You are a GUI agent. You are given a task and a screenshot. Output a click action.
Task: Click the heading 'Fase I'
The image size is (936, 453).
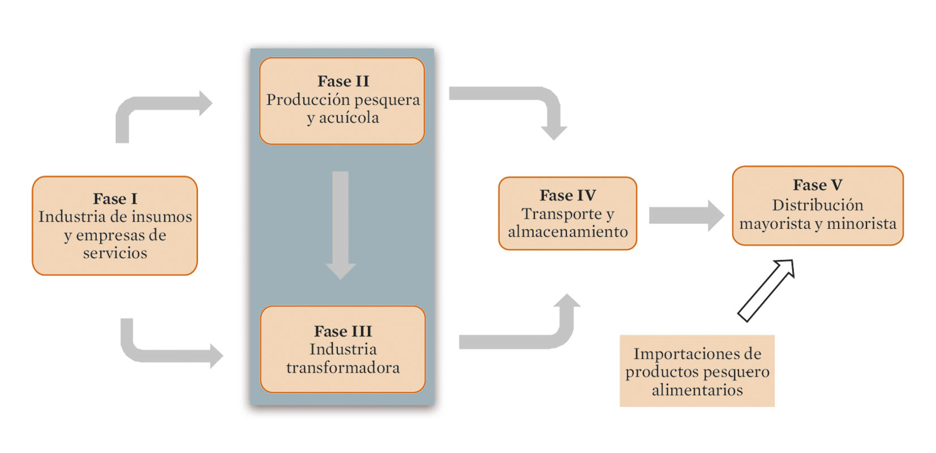(115, 199)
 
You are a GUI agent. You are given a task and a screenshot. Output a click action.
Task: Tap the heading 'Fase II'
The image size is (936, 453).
(343, 82)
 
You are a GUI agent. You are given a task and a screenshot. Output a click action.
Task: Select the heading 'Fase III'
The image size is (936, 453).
(343, 331)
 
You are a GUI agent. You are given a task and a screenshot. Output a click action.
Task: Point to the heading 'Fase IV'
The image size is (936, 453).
(568, 196)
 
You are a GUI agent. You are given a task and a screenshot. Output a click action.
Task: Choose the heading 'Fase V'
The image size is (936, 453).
(817, 185)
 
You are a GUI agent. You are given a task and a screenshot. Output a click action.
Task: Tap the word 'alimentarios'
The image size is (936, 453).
(697, 390)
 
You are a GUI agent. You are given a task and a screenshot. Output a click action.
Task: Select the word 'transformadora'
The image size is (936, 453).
(343, 368)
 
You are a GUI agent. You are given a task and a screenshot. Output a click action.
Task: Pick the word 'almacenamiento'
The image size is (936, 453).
(568, 232)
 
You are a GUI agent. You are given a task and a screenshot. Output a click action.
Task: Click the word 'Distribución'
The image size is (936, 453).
(817, 205)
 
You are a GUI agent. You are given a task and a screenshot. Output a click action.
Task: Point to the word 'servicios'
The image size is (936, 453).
(115, 253)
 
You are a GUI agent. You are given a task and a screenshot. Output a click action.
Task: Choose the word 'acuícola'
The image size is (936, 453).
(349, 118)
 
